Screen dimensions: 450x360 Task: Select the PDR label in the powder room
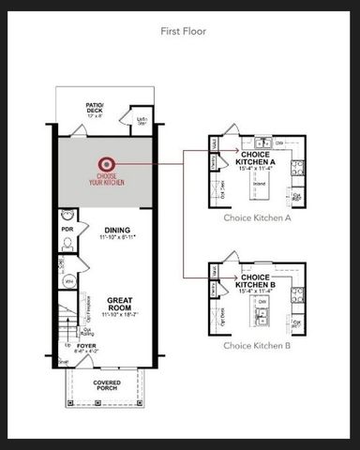67,228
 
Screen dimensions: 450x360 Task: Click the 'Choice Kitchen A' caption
257,217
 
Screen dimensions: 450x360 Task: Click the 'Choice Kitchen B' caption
257,345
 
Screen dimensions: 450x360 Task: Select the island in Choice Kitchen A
258,182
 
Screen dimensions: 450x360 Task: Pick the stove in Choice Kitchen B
297,293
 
